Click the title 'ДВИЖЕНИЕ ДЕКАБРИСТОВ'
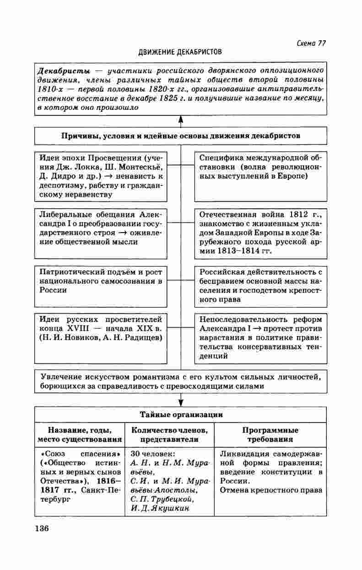click(x=180, y=52)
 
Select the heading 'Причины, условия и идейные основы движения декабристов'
click(x=181, y=136)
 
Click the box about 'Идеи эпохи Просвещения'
click(x=101, y=176)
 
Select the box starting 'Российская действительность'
click(x=260, y=286)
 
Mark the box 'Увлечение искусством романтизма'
click(x=181, y=381)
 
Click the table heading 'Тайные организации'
click(x=181, y=415)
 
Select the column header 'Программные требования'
click(x=270, y=434)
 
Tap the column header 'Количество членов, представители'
click(x=169, y=434)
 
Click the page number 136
click(x=41, y=528)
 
